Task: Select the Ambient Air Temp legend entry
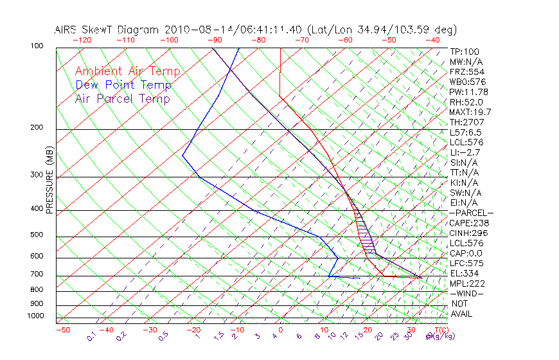[127, 71]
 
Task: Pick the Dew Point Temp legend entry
[123, 85]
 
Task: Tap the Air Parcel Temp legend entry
[123, 99]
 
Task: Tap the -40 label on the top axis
[432, 40]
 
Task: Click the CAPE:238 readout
[467, 223]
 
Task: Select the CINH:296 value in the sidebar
[467, 233]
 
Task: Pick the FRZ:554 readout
[465, 71]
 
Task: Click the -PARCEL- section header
[471, 213]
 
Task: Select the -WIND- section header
[467, 293]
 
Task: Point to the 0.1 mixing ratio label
[91, 336]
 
